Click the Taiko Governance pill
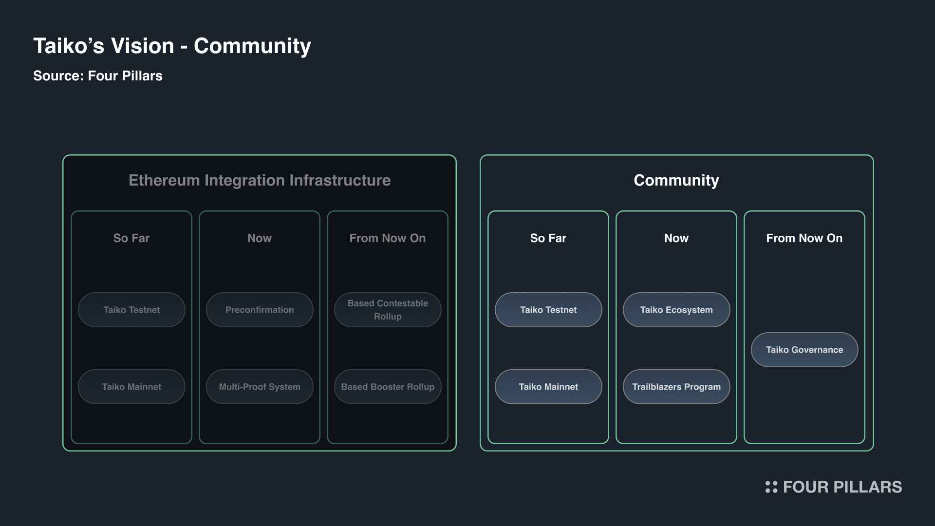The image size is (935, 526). coord(804,350)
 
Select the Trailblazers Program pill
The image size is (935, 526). coord(676,387)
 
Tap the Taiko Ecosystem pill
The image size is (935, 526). coord(676,310)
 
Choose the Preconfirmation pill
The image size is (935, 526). coord(260,310)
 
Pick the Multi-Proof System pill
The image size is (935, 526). coord(260,387)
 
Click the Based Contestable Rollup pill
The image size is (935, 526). coord(388,310)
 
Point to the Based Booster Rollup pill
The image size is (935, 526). coord(388,387)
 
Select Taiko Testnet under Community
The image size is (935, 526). coord(548,310)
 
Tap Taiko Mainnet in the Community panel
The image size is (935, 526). coord(548,387)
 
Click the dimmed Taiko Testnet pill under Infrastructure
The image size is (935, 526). coord(131,310)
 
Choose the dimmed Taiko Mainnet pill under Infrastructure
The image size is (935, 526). coord(131,387)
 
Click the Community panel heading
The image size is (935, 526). coord(676,181)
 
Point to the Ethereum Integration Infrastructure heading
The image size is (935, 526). coord(260,180)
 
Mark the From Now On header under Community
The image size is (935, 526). coord(804,238)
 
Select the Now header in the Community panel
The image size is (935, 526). coord(676,238)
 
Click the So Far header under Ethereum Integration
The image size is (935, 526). coord(131,238)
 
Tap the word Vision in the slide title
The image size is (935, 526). coord(143,46)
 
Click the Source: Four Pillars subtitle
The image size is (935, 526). coord(98,76)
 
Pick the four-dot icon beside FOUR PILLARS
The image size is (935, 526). coord(771,487)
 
